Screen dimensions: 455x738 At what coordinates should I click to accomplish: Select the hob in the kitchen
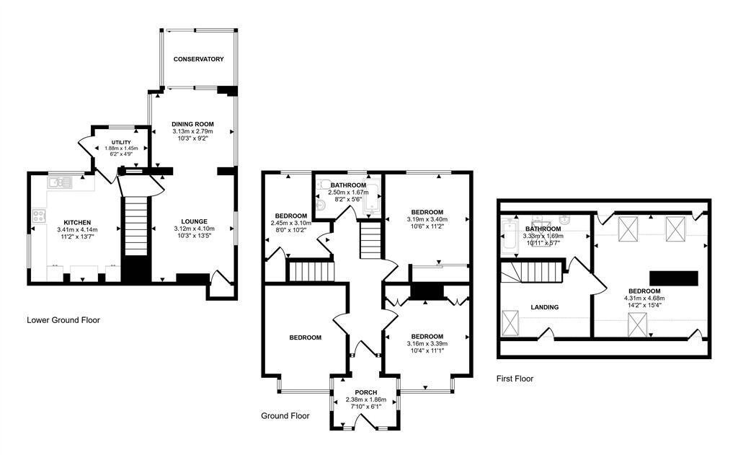pos(38,216)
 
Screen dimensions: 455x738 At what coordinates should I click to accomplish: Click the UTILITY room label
pos(120,143)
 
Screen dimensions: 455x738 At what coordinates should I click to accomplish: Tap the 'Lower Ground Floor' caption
pos(63,320)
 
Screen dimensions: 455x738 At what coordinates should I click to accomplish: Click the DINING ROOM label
pos(193,124)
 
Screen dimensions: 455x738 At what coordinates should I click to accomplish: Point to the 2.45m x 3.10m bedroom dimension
pos(290,224)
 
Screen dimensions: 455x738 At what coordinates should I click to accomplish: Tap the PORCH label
pos(366,392)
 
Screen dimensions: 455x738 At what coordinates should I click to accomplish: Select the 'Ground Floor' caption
pos(285,416)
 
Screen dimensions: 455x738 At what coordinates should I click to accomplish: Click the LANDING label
pos(544,307)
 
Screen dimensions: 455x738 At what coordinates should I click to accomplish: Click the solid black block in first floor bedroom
pos(674,278)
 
